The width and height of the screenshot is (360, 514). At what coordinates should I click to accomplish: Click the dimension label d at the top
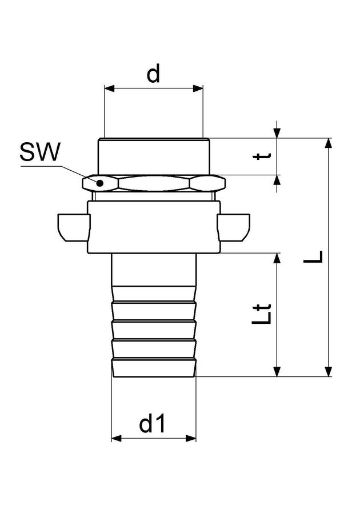coord(153,73)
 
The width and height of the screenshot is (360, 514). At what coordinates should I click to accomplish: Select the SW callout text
coord(40,152)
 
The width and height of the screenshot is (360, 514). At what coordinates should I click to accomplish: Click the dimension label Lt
coord(262,314)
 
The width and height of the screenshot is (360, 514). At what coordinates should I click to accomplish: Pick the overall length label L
coord(313,256)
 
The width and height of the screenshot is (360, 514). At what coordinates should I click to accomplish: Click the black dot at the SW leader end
coord(100,183)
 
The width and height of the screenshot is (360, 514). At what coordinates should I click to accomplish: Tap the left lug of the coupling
coord(74,227)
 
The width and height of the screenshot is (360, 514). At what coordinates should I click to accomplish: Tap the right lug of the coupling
coord(233,227)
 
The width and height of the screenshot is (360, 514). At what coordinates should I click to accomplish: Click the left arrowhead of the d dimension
coord(110,89)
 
